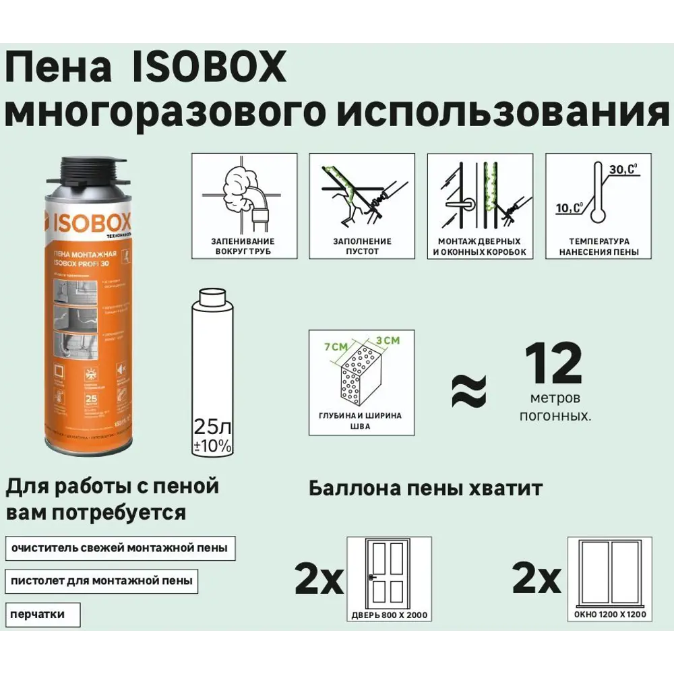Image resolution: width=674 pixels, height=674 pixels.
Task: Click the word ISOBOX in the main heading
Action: click(206, 69)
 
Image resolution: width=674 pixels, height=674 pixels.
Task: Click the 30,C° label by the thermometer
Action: click(622, 170)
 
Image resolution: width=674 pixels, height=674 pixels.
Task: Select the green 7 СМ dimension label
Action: click(335, 346)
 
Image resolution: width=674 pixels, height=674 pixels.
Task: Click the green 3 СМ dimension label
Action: click(387, 341)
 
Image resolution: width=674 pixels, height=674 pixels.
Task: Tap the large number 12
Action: click(553, 365)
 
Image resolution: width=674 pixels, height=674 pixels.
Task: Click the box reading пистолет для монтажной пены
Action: click(100, 580)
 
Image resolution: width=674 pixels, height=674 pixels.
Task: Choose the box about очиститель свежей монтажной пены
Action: click(119, 548)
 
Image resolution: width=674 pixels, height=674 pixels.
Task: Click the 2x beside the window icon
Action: click(537, 579)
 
